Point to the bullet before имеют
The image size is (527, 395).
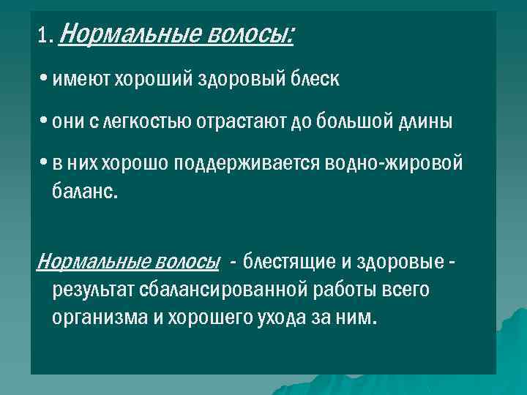pos(45,80)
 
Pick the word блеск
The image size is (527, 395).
pos(313,80)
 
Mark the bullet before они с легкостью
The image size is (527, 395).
pos(45,121)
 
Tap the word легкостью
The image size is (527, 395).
pos(152,122)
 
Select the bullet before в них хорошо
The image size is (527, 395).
pos(45,163)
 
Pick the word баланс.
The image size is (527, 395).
pos(85,195)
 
